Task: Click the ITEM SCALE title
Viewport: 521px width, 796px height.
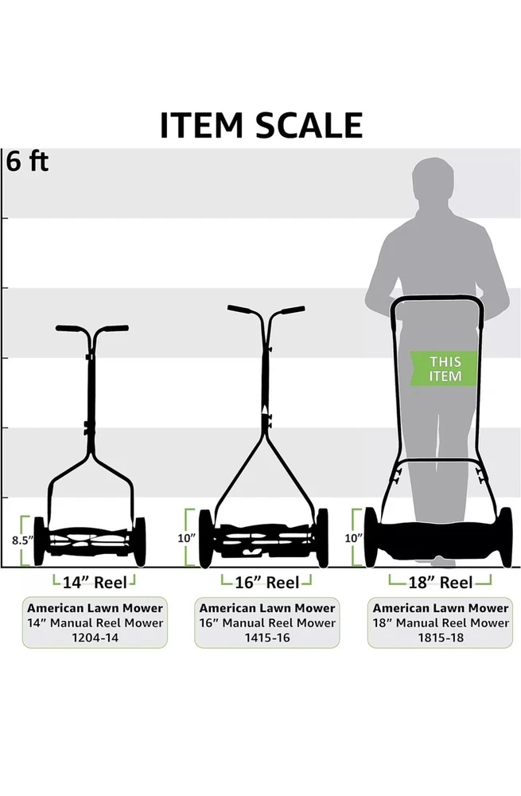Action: click(261, 125)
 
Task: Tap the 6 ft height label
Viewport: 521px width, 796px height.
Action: click(27, 162)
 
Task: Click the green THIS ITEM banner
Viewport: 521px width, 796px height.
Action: click(444, 369)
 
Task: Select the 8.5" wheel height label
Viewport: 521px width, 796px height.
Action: click(21, 540)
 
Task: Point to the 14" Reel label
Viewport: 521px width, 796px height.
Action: click(95, 583)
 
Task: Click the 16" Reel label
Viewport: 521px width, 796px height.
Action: click(266, 583)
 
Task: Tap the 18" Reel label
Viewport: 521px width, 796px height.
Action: click(441, 583)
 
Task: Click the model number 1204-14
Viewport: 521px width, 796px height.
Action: click(95, 638)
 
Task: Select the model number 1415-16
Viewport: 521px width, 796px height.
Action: click(267, 638)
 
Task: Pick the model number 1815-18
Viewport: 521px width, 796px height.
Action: click(441, 638)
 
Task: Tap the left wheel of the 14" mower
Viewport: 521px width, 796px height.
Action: click(38, 541)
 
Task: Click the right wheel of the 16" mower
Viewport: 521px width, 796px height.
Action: click(322, 538)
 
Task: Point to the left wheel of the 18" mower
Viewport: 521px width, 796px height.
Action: click(371, 537)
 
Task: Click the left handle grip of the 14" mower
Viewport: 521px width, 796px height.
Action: click(69, 329)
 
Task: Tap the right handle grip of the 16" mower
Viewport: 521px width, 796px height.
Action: click(293, 310)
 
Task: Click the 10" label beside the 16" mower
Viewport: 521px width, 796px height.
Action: click(186, 538)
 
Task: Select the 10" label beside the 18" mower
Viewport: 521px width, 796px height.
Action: click(354, 538)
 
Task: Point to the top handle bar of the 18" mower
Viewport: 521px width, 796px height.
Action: click(437, 298)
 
